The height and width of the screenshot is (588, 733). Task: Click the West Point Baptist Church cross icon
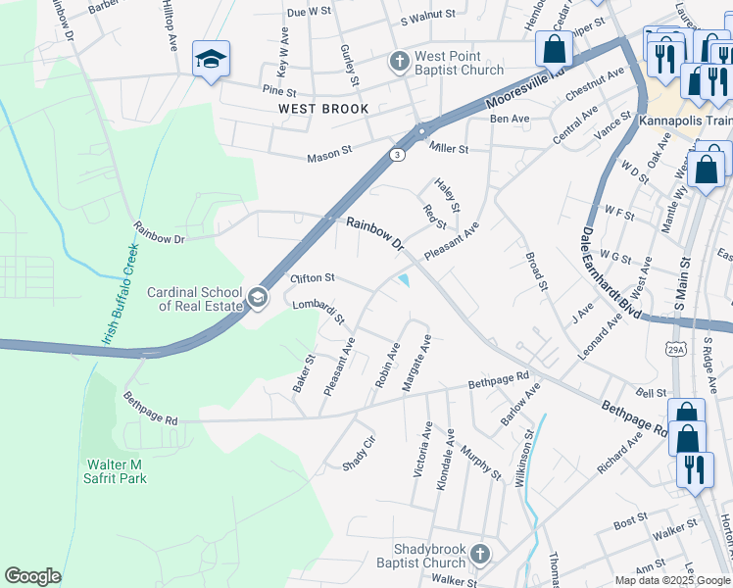(x=399, y=62)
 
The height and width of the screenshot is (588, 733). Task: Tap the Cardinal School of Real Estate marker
(x=257, y=297)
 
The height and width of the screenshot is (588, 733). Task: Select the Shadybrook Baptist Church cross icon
(x=479, y=554)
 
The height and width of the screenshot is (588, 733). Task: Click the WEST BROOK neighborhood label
(x=323, y=109)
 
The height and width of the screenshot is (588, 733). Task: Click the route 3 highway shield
(x=394, y=154)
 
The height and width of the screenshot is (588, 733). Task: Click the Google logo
(x=32, y=576)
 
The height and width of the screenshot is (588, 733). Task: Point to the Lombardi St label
(x=318, y=312)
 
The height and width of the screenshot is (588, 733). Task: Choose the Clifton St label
(x=313, y=279)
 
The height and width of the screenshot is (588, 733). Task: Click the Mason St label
(x=328, y=154)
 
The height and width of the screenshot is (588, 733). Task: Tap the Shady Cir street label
(x=359, y=453)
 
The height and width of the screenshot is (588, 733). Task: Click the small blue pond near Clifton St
(x=404, y=282)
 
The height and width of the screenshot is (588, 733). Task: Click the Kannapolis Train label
(x=685, y=121)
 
